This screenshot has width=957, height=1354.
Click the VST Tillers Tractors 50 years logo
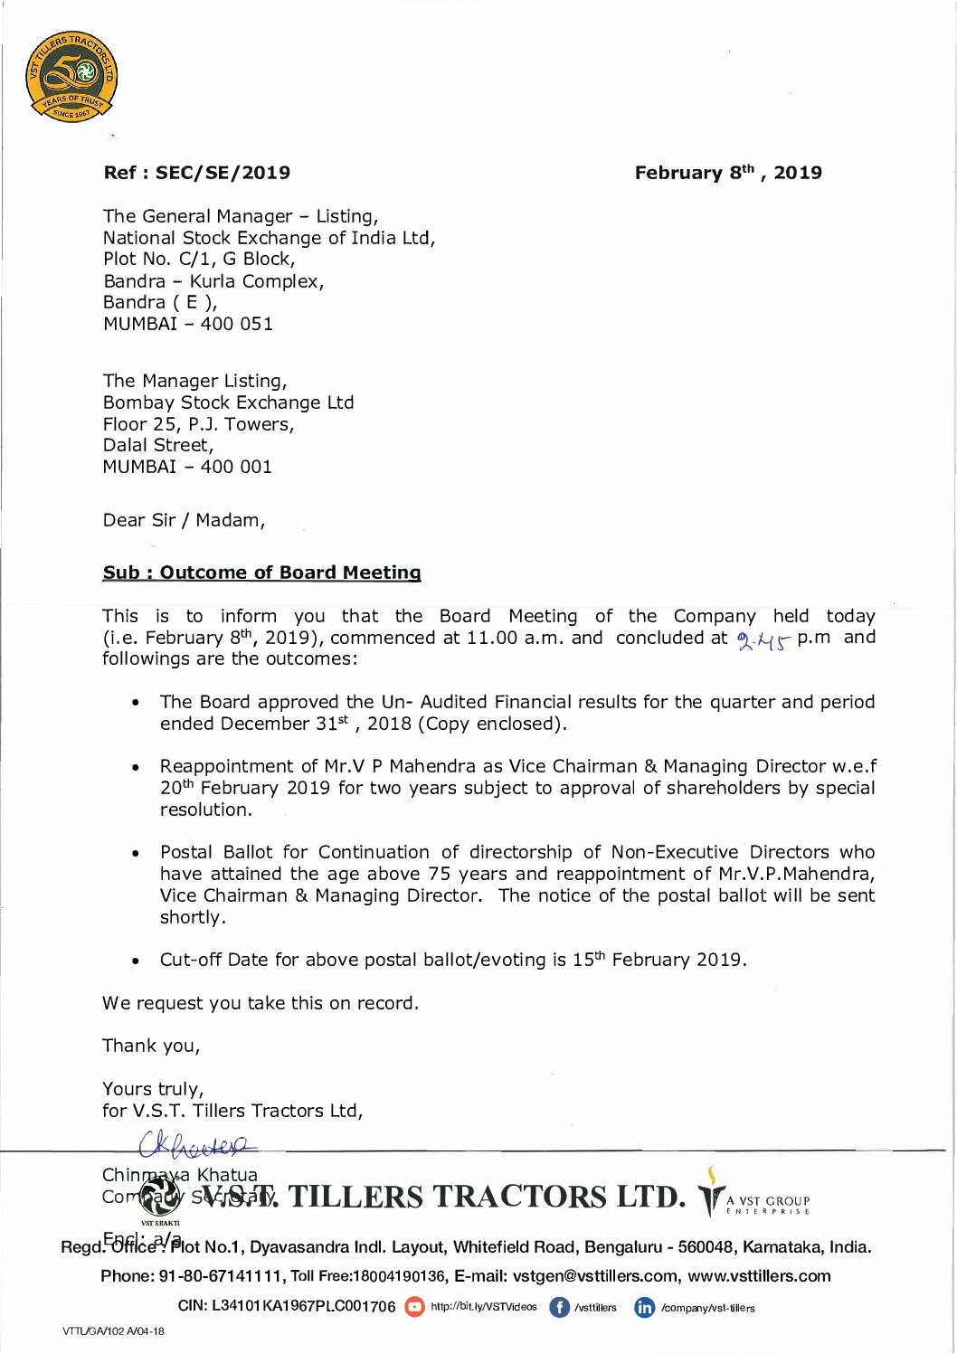(71, 77)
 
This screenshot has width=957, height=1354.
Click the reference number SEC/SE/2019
(223, 173)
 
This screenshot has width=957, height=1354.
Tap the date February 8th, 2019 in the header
(727, 173)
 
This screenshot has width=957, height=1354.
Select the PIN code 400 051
(237, 324)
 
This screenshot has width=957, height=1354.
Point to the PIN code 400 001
(236, 467)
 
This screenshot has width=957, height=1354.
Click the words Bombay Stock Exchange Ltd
(228, 402)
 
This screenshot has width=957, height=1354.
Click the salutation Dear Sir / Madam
(183, 520)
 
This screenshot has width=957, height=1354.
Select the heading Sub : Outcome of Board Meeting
(261, 573)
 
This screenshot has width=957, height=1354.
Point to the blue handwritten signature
(197, 1146)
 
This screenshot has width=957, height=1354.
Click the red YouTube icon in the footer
(414, 1307)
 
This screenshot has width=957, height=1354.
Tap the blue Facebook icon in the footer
(559, 1307)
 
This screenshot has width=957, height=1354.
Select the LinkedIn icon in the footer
(644, 1307)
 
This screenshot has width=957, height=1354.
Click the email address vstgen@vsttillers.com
(595, 1276)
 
